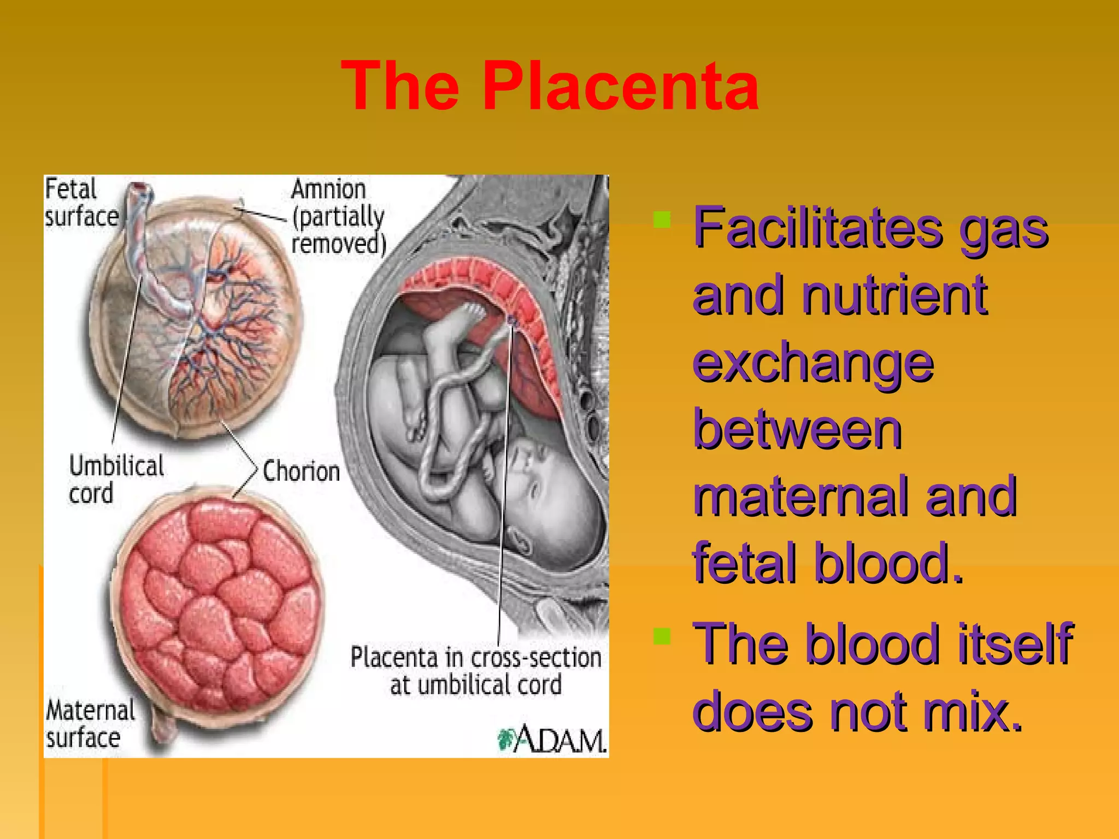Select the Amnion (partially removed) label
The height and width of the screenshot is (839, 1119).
[338, 217]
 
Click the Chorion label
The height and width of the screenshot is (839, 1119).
[301, 471]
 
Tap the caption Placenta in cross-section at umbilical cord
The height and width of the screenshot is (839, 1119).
[475, 671]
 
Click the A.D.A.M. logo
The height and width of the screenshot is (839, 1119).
[552, 739]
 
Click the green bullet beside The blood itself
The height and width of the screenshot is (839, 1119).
[662, 636]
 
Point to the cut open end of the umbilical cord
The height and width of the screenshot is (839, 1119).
[140, 190]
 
